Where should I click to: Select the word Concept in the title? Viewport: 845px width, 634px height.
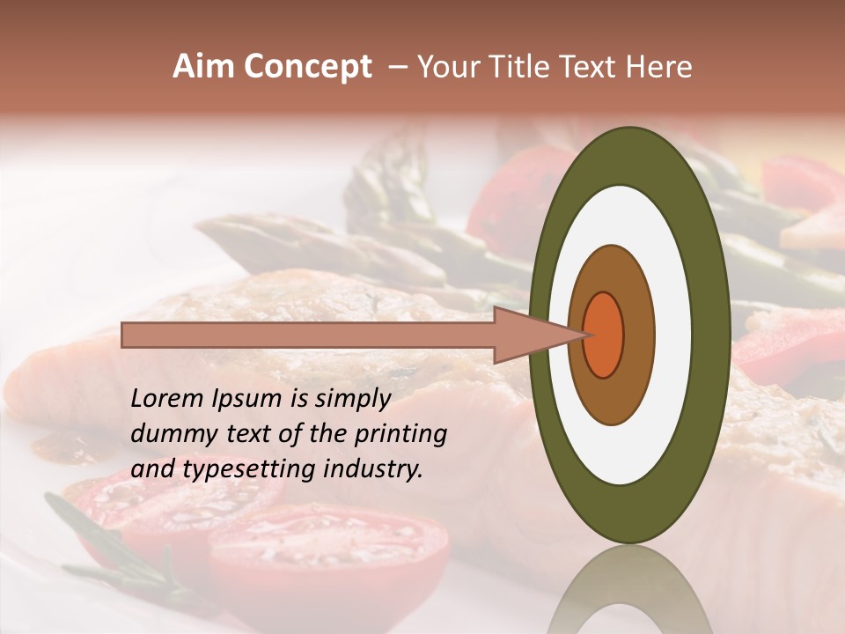pyautogui.click(x=307, y=67)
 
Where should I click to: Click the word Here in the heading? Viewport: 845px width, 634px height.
pyautogui.click(x=659, y=67)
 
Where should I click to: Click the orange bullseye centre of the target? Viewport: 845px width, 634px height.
pyautogui.click(x=604, y=335)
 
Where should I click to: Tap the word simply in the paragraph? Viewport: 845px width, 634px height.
pyautogui.click(x=351, y=399)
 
